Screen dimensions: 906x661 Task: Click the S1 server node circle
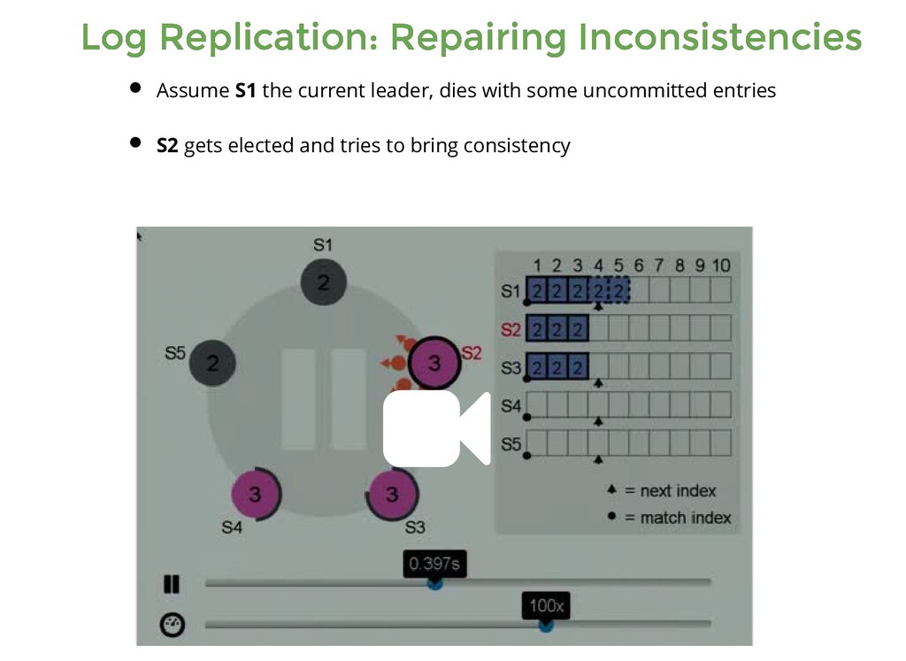[323, 282]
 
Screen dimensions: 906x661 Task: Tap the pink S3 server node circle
[392, 494]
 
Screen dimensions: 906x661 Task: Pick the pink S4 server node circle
[255, 494]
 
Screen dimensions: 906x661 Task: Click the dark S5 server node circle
[212, 362]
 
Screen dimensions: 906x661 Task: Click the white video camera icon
[435, 428]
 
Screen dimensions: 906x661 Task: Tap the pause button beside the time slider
[171, 584]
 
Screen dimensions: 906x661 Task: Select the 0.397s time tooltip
[434, 564]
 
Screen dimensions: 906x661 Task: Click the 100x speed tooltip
[546, 606]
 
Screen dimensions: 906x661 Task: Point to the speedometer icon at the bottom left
[172, 626]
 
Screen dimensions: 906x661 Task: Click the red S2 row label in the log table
[511, 330]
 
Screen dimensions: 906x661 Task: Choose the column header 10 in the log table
[720, 265]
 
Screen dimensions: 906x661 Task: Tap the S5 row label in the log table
[511, 444]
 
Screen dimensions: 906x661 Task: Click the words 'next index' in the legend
[678, 491]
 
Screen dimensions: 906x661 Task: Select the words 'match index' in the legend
[685, 518]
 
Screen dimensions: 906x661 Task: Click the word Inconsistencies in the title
[718, 38]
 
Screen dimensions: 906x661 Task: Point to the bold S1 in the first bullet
[245, 90]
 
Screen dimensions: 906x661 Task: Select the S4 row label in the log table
[511, 406]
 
